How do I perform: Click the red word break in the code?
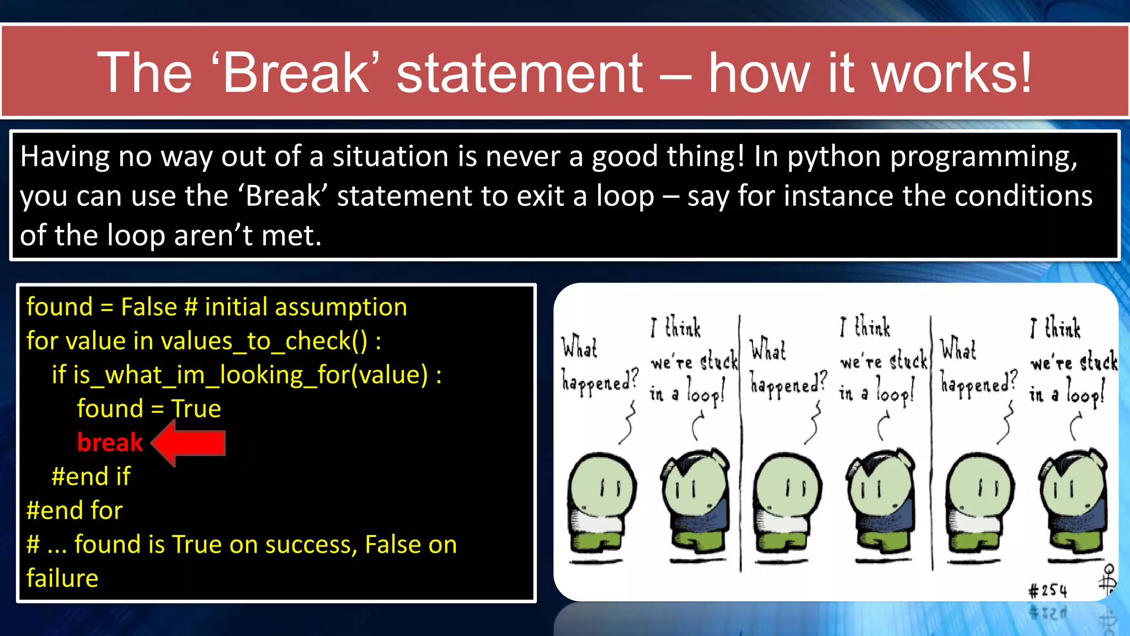110,443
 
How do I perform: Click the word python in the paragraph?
834,156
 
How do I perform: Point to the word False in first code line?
148,307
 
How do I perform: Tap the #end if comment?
90,476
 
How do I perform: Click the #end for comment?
74,510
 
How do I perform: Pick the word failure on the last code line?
62,578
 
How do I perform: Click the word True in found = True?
196,409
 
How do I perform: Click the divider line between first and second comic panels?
740,442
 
